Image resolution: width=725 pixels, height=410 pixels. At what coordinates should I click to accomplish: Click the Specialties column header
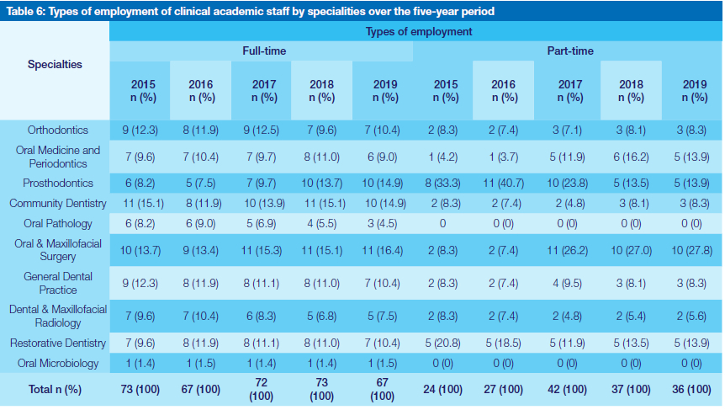(x=55, y=65)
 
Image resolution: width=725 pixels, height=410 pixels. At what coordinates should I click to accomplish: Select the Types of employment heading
(x=418, y=31)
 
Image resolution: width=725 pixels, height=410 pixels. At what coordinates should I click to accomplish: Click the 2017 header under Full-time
(x=264, y=91)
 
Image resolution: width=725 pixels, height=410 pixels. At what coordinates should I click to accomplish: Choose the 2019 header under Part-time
(x=694, y=91)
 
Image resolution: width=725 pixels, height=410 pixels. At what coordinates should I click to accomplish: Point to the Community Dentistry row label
(x=58, y=203)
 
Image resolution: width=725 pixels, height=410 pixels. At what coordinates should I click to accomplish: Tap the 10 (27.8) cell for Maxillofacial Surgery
(x=694, y=251)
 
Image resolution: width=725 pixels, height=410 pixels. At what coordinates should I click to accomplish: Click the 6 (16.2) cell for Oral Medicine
(x=632, y=157)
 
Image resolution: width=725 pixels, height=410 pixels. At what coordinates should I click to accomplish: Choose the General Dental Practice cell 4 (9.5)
(x=569, y=284)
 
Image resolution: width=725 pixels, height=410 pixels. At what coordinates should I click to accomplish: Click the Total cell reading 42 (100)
(x=569, y=390)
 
